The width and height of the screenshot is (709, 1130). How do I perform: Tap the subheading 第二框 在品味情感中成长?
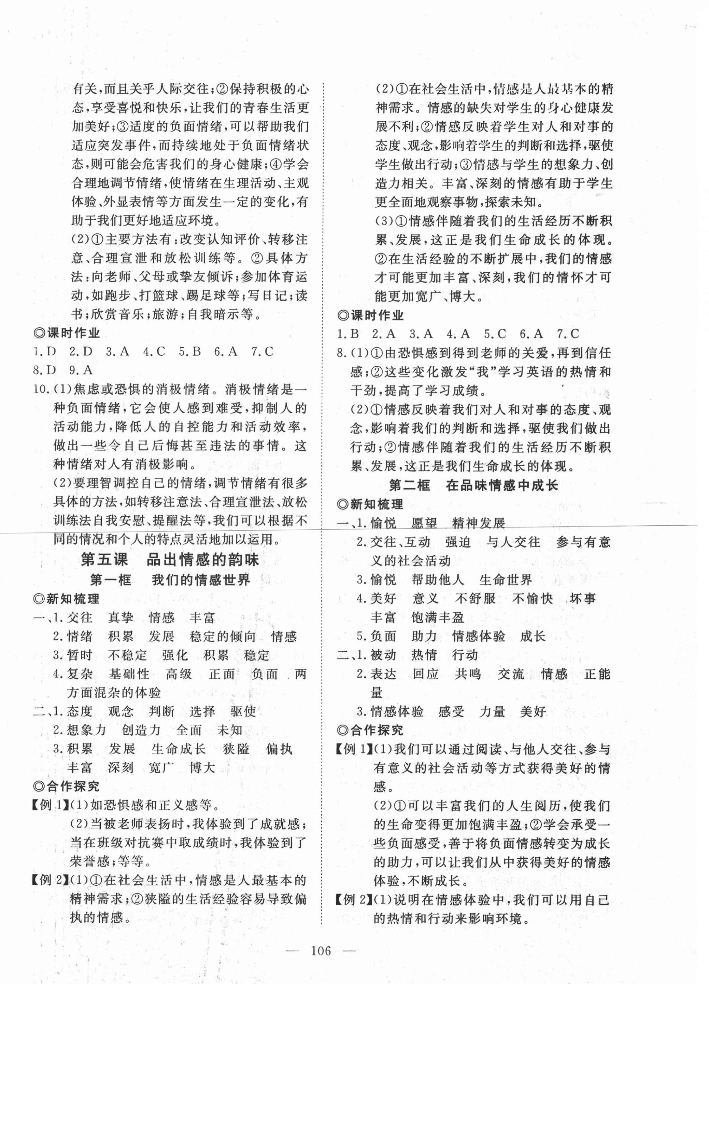point(473,485)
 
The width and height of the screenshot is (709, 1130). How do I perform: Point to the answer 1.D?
point(45,352)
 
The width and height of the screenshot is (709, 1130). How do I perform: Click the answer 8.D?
point(45,371)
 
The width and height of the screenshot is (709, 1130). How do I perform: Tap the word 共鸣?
point(468,674)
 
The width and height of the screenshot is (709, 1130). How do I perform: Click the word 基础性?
point(129,674)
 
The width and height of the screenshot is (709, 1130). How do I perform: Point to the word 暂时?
point(80,656)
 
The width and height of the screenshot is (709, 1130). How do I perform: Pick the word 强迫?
point(458,543)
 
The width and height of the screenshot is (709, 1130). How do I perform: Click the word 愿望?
point(424,523)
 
